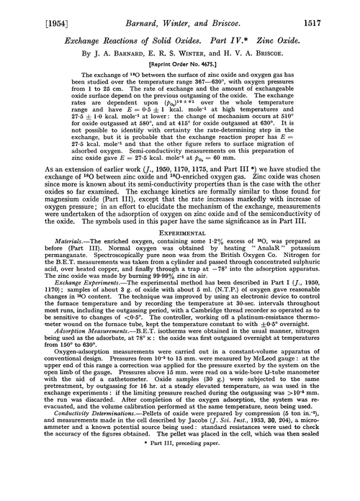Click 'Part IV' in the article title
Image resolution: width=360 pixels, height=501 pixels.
229,35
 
